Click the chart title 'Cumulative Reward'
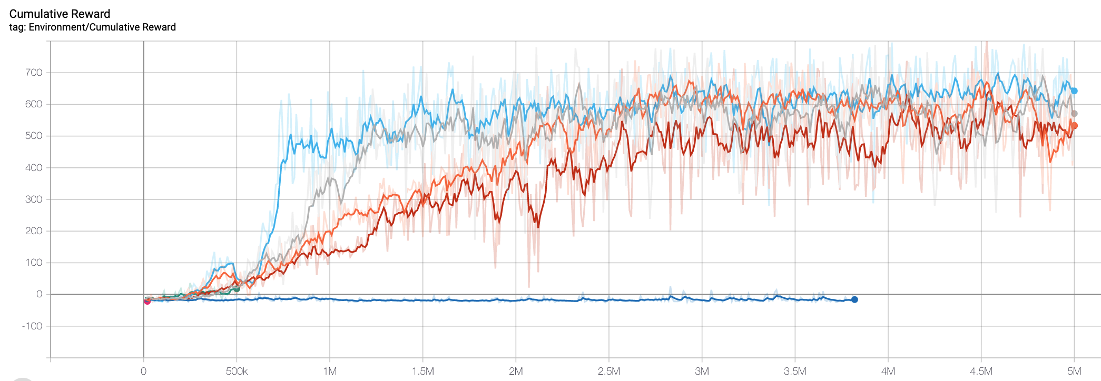(x=60, y=14)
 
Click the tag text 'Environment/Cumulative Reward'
(x=102, y=27)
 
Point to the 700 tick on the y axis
(x=34, y=73)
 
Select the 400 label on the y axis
(x=34, y=168)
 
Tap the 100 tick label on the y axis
(x=34, y=263)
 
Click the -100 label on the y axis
(x=32, y=326)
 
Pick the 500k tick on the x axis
(x=237, y=372)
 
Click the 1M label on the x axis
(x=330, y=372)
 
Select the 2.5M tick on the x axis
(x=608, y=372)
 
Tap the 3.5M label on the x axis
(x=794, y=372)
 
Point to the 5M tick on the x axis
(x=1074, y=372)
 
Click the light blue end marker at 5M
(x=1074, y=91)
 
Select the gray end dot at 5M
(x=1074, y=114)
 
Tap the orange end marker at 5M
(x=1074, y=126)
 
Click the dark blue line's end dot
(x=854, y=299)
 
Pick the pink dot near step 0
(x=147, y=302)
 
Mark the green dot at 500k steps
(x=237, y=289)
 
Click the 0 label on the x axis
(x=143, y=372)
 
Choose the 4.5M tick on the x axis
(x=981, y=372)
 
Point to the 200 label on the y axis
(x=34, y=231)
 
